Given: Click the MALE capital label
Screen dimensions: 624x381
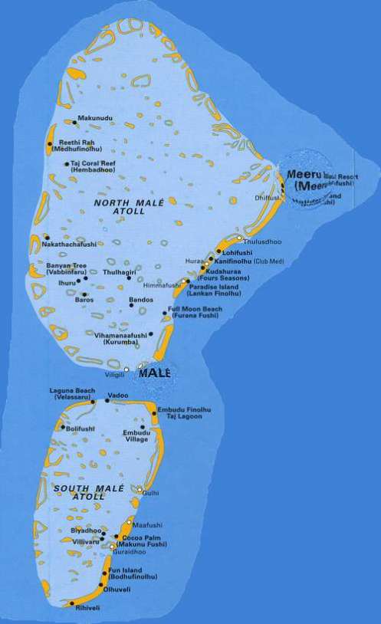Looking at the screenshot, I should click(x=154, y=373).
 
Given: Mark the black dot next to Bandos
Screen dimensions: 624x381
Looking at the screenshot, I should click(x=131, y=305).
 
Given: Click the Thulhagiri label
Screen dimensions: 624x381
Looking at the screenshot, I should click(x=120, y=270).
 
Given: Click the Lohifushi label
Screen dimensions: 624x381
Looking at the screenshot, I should click(x=236, y=251).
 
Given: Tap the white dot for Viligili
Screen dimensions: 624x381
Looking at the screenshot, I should click(x=126, y=369).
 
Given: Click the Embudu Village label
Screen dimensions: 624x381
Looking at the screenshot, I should click(x=136, y=436).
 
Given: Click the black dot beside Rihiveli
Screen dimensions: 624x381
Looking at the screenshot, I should click(x=72, y=604).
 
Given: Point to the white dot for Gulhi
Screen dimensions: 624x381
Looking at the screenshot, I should click(x=140, y=488).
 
